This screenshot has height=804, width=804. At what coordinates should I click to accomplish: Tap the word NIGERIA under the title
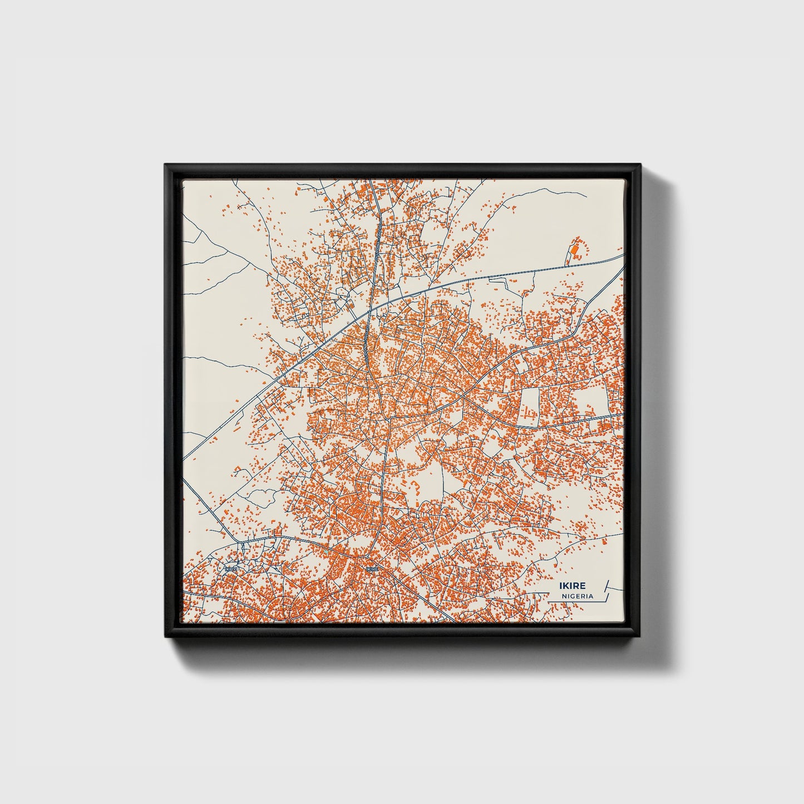pos(577,596)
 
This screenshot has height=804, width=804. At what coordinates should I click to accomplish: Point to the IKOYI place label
pos(231,569)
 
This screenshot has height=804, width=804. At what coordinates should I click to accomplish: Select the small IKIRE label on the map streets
pos(372,569)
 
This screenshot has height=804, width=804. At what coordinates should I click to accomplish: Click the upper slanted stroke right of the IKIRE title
pos(606,585)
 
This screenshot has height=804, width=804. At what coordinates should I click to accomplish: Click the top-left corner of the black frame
pos(165,165)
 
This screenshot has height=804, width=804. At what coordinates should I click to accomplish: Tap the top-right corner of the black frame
pos(641,165)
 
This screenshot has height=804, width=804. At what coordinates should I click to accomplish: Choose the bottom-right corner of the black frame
pos(641,637)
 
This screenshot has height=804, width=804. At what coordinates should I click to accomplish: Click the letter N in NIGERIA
pos(564,596)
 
